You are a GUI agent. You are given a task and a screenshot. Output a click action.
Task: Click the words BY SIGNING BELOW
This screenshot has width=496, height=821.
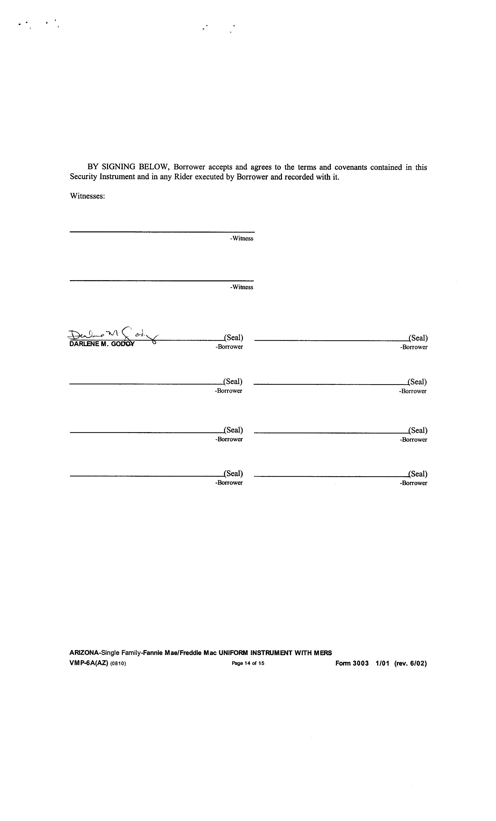pos(129,167)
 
